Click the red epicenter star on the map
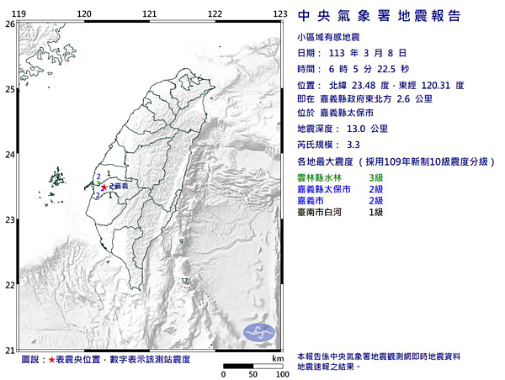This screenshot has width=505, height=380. point(104,187)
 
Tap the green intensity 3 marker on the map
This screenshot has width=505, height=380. point(98,182)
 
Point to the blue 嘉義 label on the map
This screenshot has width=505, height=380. point(120,185)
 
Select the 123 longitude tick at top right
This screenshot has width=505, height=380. point(280,13)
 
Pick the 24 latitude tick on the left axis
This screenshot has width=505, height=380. point(9,155)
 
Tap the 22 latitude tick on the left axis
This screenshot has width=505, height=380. point(9,285)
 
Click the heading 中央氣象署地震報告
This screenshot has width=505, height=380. point(380,16)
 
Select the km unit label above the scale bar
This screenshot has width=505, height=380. point(277,359)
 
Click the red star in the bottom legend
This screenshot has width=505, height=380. point(52,360)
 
